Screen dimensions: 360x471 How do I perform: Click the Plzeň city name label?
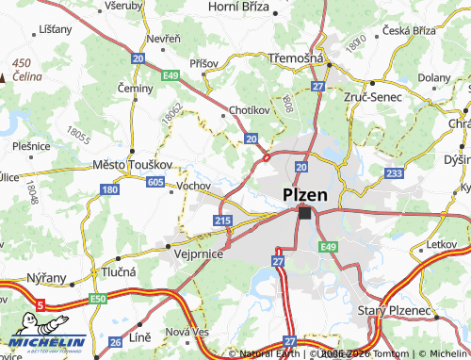pyautogui.click(x=305, y=195)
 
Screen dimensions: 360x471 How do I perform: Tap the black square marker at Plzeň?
pyautogui.click(x=304, y=214)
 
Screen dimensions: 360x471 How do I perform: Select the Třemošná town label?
pyautogui.click(x=297, y=58)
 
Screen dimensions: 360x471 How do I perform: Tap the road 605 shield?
pyautogui.click(x=155, y=182)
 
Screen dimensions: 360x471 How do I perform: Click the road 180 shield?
pyautogui.click(x=109, y=190)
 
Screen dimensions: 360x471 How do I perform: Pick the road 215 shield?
pyautogui.click(x=222, y=220)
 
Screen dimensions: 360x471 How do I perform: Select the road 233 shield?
pyautogui.click(x=395, y=173)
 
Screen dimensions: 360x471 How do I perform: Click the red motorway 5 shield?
pyautogui.click(x=41, y=304)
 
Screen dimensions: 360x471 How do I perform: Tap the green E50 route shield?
pyautogui.click(x=98, y=298)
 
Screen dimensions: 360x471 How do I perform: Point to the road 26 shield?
pyautogui.click(x=115, y=342)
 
